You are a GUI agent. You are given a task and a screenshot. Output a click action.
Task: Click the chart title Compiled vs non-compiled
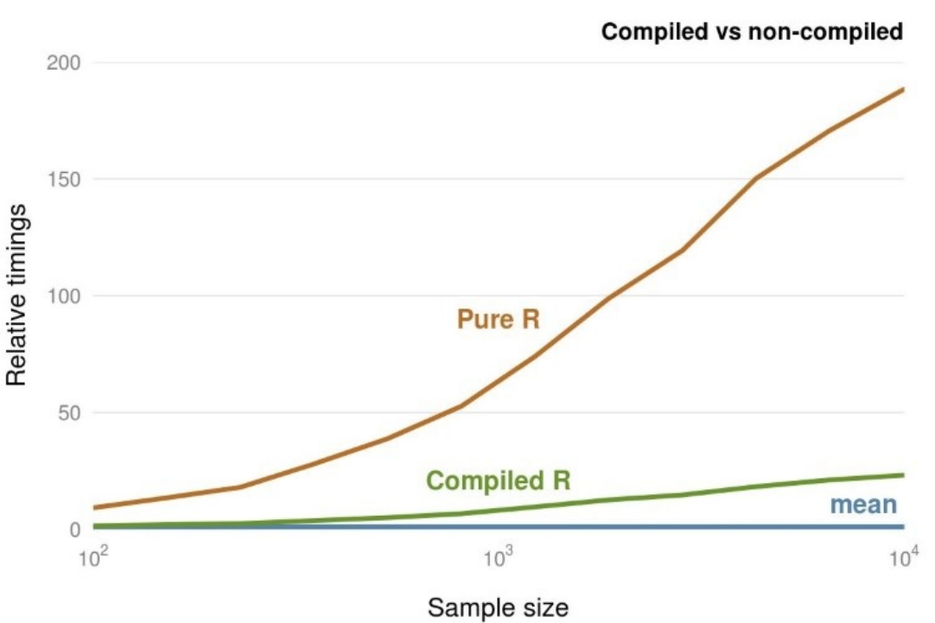tap(752, 33)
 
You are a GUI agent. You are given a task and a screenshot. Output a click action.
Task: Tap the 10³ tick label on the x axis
tap(498, 558)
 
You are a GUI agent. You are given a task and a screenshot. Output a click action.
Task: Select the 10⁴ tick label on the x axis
tap(902, 558)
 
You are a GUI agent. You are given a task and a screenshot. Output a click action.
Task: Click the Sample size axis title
tap(498, 607)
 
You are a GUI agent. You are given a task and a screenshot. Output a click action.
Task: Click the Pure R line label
tap(498, 320)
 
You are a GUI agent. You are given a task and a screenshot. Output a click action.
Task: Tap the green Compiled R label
tap(500, 480)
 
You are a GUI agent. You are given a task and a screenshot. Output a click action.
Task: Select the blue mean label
tap(863, 505)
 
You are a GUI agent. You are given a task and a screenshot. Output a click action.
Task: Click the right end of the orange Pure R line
tap(903, 89)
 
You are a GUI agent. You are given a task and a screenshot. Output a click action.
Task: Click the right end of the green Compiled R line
tap(903, 474)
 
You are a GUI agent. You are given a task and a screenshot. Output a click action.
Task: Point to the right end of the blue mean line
tap(903, 526)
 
